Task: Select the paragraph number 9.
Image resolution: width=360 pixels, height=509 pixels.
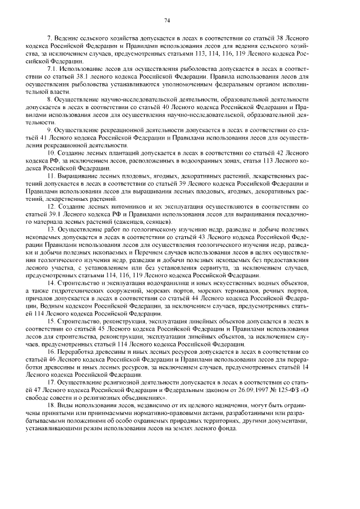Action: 51,129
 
